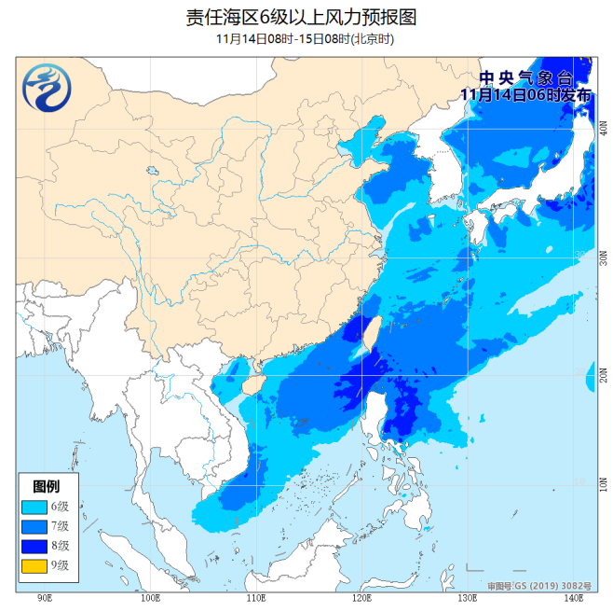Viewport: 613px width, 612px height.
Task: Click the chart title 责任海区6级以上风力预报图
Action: coord(306,17)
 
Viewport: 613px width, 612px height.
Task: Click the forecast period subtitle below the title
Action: coord(306,39)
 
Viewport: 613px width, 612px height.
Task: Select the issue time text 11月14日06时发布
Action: coord(525,94)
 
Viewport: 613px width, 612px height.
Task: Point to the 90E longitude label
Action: coord(43,597)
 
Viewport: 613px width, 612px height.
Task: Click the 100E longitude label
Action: coord(149,597)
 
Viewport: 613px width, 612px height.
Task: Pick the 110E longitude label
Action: coord(254,597)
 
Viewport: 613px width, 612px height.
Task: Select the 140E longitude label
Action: coord(573,597)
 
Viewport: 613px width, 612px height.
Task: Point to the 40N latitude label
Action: coord(604,132)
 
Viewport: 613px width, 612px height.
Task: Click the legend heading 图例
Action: coord(48,486)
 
